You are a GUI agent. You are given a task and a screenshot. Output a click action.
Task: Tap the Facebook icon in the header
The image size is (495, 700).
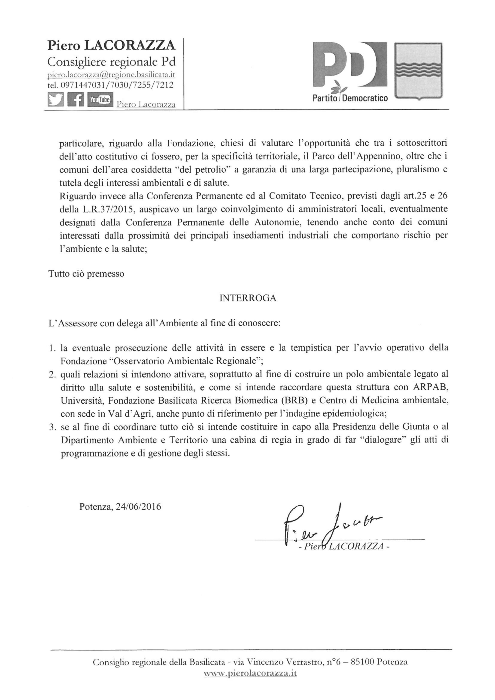(75, 100)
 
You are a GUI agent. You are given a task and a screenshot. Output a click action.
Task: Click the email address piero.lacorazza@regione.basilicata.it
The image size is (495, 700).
(111, 75)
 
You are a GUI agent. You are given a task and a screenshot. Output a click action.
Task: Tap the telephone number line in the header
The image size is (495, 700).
(111, 85)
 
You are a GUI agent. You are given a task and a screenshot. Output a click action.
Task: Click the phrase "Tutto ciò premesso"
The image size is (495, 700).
(86, 274)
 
